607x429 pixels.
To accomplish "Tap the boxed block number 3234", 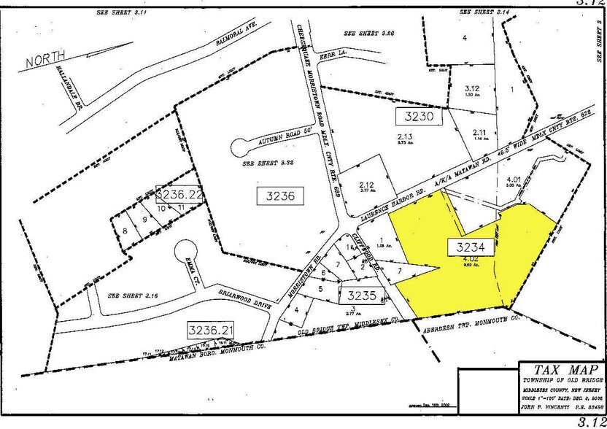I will [x=471, y=247].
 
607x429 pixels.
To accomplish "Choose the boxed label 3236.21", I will [x=212, y=329].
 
